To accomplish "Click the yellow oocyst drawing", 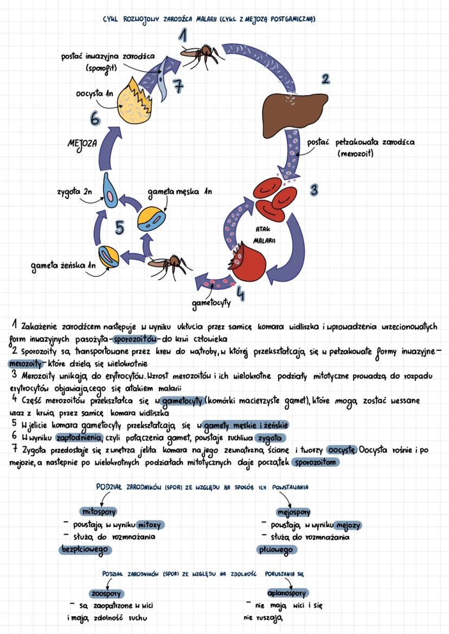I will (126, 97).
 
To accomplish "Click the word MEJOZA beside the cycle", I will (82, 145).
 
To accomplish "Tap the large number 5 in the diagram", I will (120, 228).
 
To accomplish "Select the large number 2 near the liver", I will (325, 79).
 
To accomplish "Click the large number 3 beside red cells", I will (314, 190).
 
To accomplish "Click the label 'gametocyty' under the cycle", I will (210, 302).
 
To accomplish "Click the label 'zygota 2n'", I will (74, 192).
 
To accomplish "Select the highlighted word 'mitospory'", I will (98, 511).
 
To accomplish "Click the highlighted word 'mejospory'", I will (293, 511).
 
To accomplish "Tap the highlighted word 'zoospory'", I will (107, 593).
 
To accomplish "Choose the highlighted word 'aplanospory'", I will (287, 593).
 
